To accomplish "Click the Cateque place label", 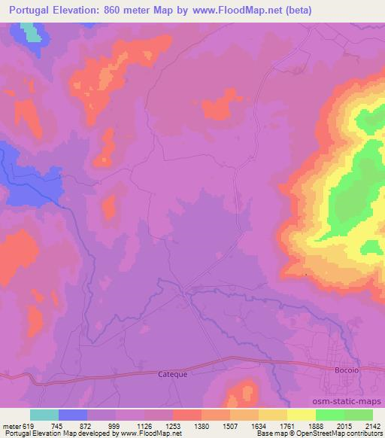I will coord(172,373).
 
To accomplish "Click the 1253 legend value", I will coord(174,425).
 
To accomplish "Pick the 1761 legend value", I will coord(288,425).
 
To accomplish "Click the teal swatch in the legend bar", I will coord(44,415).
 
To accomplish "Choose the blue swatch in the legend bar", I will coord(73,415).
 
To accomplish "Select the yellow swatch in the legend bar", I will coord(302,415).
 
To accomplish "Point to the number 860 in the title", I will coord(113,11).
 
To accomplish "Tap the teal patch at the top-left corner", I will coord(29,31).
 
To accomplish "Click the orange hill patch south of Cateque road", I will coord(241,394).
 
